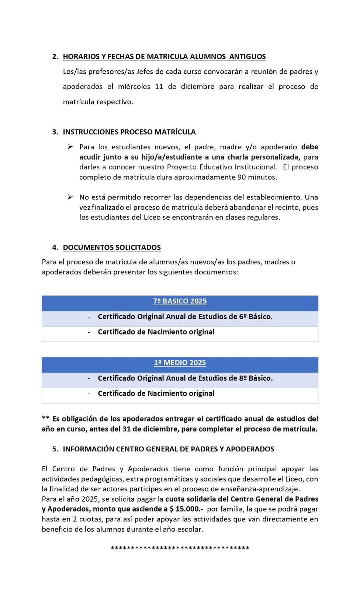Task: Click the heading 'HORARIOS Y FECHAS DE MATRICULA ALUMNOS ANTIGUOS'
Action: [164, 56]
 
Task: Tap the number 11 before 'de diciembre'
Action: [159, 87]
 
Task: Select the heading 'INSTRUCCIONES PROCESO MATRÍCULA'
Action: [129, 132]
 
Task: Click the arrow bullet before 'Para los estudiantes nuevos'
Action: [70, 147]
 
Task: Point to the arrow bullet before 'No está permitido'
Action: [70, 197]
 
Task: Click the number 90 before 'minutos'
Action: [242, 177]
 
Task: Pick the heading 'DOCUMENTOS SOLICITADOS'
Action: [112, 247]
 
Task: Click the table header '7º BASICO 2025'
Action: [180, 301]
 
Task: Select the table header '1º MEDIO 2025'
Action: [180, 363]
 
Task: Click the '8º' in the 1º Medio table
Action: [243, 378]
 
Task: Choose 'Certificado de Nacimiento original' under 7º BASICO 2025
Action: [156, 332]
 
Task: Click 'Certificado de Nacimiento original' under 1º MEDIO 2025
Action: [156, 393]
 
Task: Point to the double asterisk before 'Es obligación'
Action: [45, 418]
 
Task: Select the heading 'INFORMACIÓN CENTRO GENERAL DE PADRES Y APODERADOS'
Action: [168, 449]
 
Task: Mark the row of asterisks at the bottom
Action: [180, 548]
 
